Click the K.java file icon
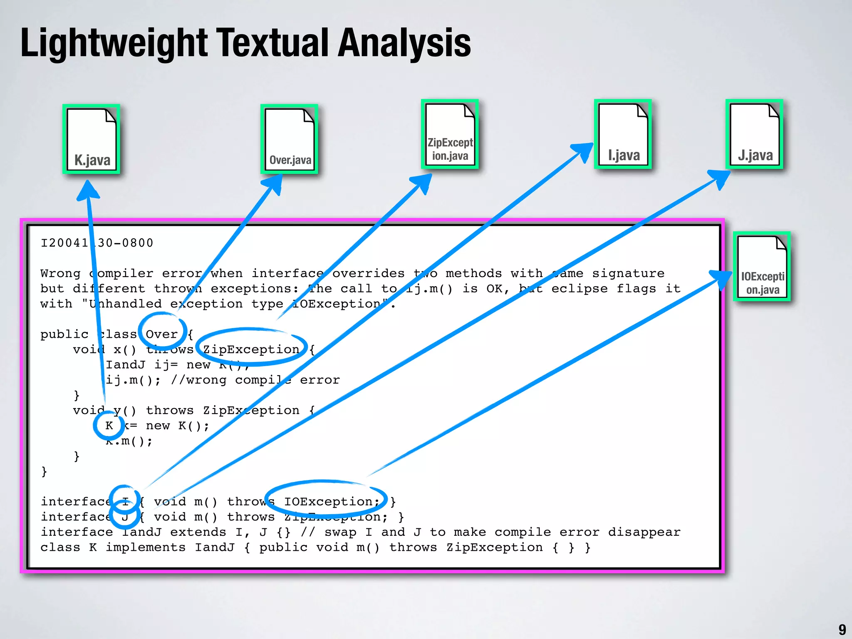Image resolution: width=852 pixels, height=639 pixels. point(92,139)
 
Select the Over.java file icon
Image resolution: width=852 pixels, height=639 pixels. point(290,139)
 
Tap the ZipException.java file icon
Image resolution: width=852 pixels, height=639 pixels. point(450,134)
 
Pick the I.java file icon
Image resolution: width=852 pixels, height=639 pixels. point(623,134)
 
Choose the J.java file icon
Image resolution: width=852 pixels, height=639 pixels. point(754,134)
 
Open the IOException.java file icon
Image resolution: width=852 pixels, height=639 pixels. point(762,266)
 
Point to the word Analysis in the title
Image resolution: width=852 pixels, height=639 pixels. point(404,43)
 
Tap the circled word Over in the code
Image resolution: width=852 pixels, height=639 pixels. point(162,334)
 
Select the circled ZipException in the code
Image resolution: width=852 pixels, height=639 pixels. point(251,349)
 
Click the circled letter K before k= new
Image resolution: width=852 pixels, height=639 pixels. point(109,426)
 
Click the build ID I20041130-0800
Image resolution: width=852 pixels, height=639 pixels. point(97,243)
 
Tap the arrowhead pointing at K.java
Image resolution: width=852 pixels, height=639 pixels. point(87,191)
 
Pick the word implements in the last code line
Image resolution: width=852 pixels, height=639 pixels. point(145,547)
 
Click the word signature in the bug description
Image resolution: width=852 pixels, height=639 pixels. point(628,273)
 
